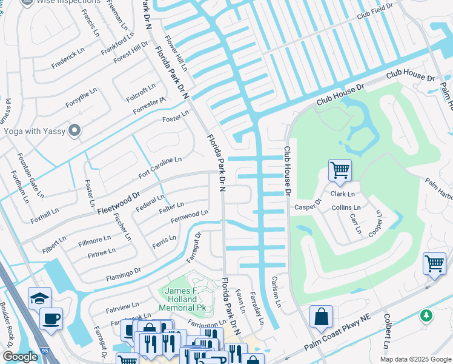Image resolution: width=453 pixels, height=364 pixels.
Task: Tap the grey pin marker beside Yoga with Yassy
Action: tap(75, 130)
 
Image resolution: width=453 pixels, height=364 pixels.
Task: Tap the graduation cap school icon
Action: tap(39, 298)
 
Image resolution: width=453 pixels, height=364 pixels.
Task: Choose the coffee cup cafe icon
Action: tap(51, 318)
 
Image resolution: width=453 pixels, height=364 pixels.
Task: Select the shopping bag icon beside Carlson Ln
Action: tap(321, 316)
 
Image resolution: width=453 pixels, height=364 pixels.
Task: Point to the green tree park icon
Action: tap(426, 315)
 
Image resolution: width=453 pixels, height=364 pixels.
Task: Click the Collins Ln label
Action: tap(346, 207)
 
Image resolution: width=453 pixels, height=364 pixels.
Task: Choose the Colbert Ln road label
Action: tap(386, 331)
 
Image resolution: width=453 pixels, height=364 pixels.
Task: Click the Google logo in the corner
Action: tap(20, 357)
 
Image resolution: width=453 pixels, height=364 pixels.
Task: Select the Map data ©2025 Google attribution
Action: tap(415, 359)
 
